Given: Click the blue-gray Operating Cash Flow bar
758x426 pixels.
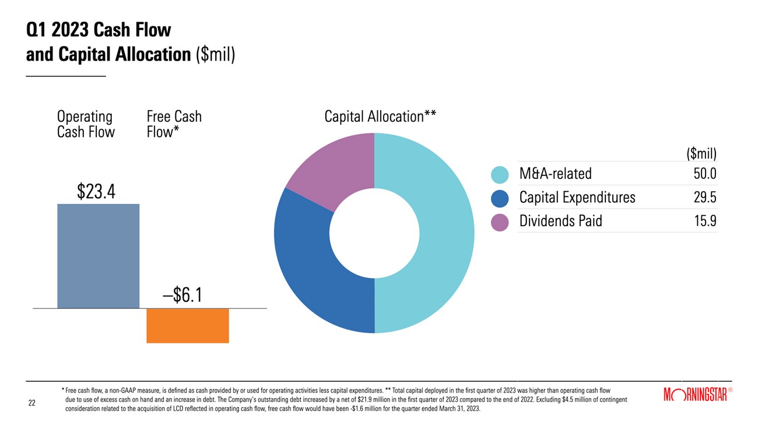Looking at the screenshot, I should click(x=98, y=256).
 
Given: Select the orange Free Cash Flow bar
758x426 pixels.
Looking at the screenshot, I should click(x=187, y=325).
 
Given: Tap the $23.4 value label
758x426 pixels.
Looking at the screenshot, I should click(x=96, y=192).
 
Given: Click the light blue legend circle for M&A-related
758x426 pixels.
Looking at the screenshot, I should click(x=500, y=174).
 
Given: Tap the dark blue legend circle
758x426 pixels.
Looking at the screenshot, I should click(x=500, y=198).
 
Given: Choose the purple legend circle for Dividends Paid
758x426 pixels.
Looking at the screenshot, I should click(x=500, y=222).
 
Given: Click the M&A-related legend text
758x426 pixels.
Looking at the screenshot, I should click(x=555, y=174).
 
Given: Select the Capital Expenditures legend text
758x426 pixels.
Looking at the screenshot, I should click(x=577, y=198).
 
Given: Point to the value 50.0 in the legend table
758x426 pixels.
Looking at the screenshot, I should click(x=704, y=174).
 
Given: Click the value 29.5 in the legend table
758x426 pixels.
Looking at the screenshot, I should click(x=704, y=198).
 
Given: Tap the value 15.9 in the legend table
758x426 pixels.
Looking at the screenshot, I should click(x=704, y=221).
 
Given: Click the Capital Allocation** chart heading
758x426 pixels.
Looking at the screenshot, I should click(x=380, y=117).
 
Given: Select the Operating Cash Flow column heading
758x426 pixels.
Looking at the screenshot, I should click(x=86, y=124).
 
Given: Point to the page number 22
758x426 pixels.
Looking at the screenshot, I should click(x=32, y=403).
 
